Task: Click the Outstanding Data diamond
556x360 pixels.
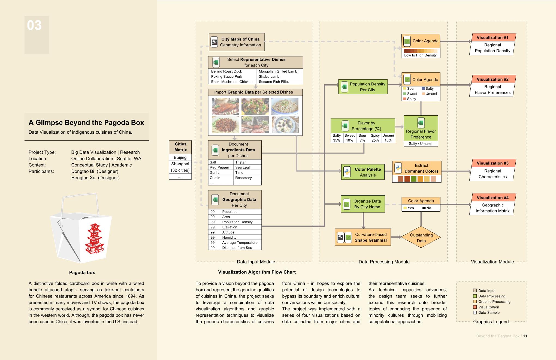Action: (421, 237)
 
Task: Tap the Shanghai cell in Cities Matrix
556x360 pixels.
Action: (180, 164)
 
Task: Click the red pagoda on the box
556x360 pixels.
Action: (94, 239)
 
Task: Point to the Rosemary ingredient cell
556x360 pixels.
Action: (247, 178)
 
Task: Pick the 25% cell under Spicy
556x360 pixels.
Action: (375, 140)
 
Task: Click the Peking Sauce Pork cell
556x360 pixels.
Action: (232, 77)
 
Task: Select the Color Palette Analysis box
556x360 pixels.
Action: (363, 172)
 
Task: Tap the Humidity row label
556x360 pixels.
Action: (229, 238)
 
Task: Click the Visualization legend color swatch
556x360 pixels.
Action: (475, 307)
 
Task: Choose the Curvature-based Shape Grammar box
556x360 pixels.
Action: (363, 237)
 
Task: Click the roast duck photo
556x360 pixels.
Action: (225, 107)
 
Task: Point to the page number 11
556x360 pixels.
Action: (525, 336)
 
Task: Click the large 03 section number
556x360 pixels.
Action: (34, 25)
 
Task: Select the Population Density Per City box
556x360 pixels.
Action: (363, 87)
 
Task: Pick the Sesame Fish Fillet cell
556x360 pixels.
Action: (274, 82)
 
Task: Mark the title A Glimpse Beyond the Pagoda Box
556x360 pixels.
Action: (86, 123)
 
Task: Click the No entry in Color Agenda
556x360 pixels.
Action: (427, 208)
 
